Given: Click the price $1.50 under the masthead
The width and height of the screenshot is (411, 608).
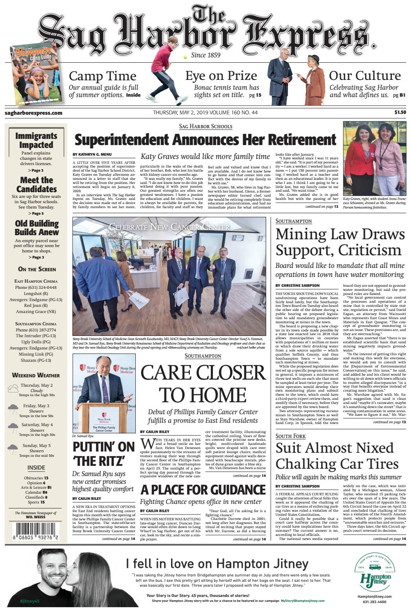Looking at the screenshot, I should pyautogui.click(x=400, y=112).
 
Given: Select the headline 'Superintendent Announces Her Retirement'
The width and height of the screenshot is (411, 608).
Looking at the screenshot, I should pyautogui.click(x=205, y=140).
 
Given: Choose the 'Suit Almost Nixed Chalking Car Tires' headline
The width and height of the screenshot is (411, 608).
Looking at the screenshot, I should pyautogui.click(x=337, y=456).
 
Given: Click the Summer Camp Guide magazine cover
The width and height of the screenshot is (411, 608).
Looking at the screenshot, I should pyautogui.click(x=34, y=74).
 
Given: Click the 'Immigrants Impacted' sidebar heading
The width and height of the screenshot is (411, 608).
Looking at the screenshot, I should pyautogui.click(x=36, y=140).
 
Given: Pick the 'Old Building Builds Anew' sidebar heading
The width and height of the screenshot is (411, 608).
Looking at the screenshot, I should pyautogui.click(x=37, y=228).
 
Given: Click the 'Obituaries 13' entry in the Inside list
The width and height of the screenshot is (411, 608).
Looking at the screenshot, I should pyautogui.click(x=36, y=478).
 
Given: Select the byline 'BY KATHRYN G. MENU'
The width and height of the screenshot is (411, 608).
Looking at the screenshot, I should pyautogui.click(x=92, y=154).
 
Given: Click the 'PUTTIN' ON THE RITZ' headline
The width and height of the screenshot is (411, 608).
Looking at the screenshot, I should pyautogui.click(x=103, y=454).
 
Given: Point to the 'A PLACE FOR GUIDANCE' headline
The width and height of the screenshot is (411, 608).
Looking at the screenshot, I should pyautogui.click(x=203, y=490).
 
